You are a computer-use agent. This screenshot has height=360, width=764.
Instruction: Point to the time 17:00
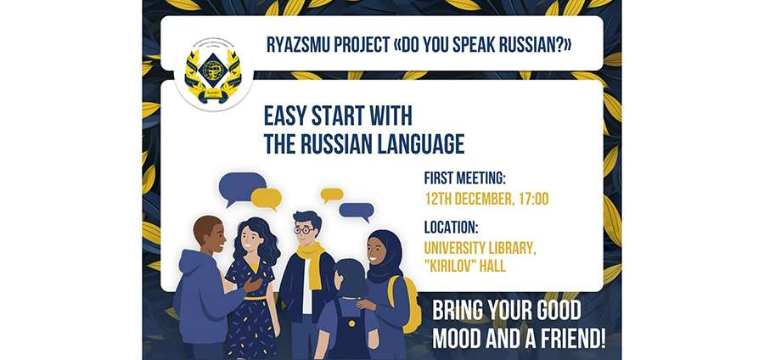tap(531, 199)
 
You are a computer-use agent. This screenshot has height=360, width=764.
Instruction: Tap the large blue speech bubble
tap(241, 186)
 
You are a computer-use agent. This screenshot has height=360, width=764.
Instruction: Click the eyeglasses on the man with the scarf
tap(304, 229)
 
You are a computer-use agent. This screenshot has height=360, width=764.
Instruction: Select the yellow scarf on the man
tap(310, 259)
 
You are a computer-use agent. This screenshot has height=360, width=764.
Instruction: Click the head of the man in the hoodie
tap(207, 233)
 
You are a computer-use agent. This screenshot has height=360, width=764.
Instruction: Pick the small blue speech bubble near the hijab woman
tap(356, 211)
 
